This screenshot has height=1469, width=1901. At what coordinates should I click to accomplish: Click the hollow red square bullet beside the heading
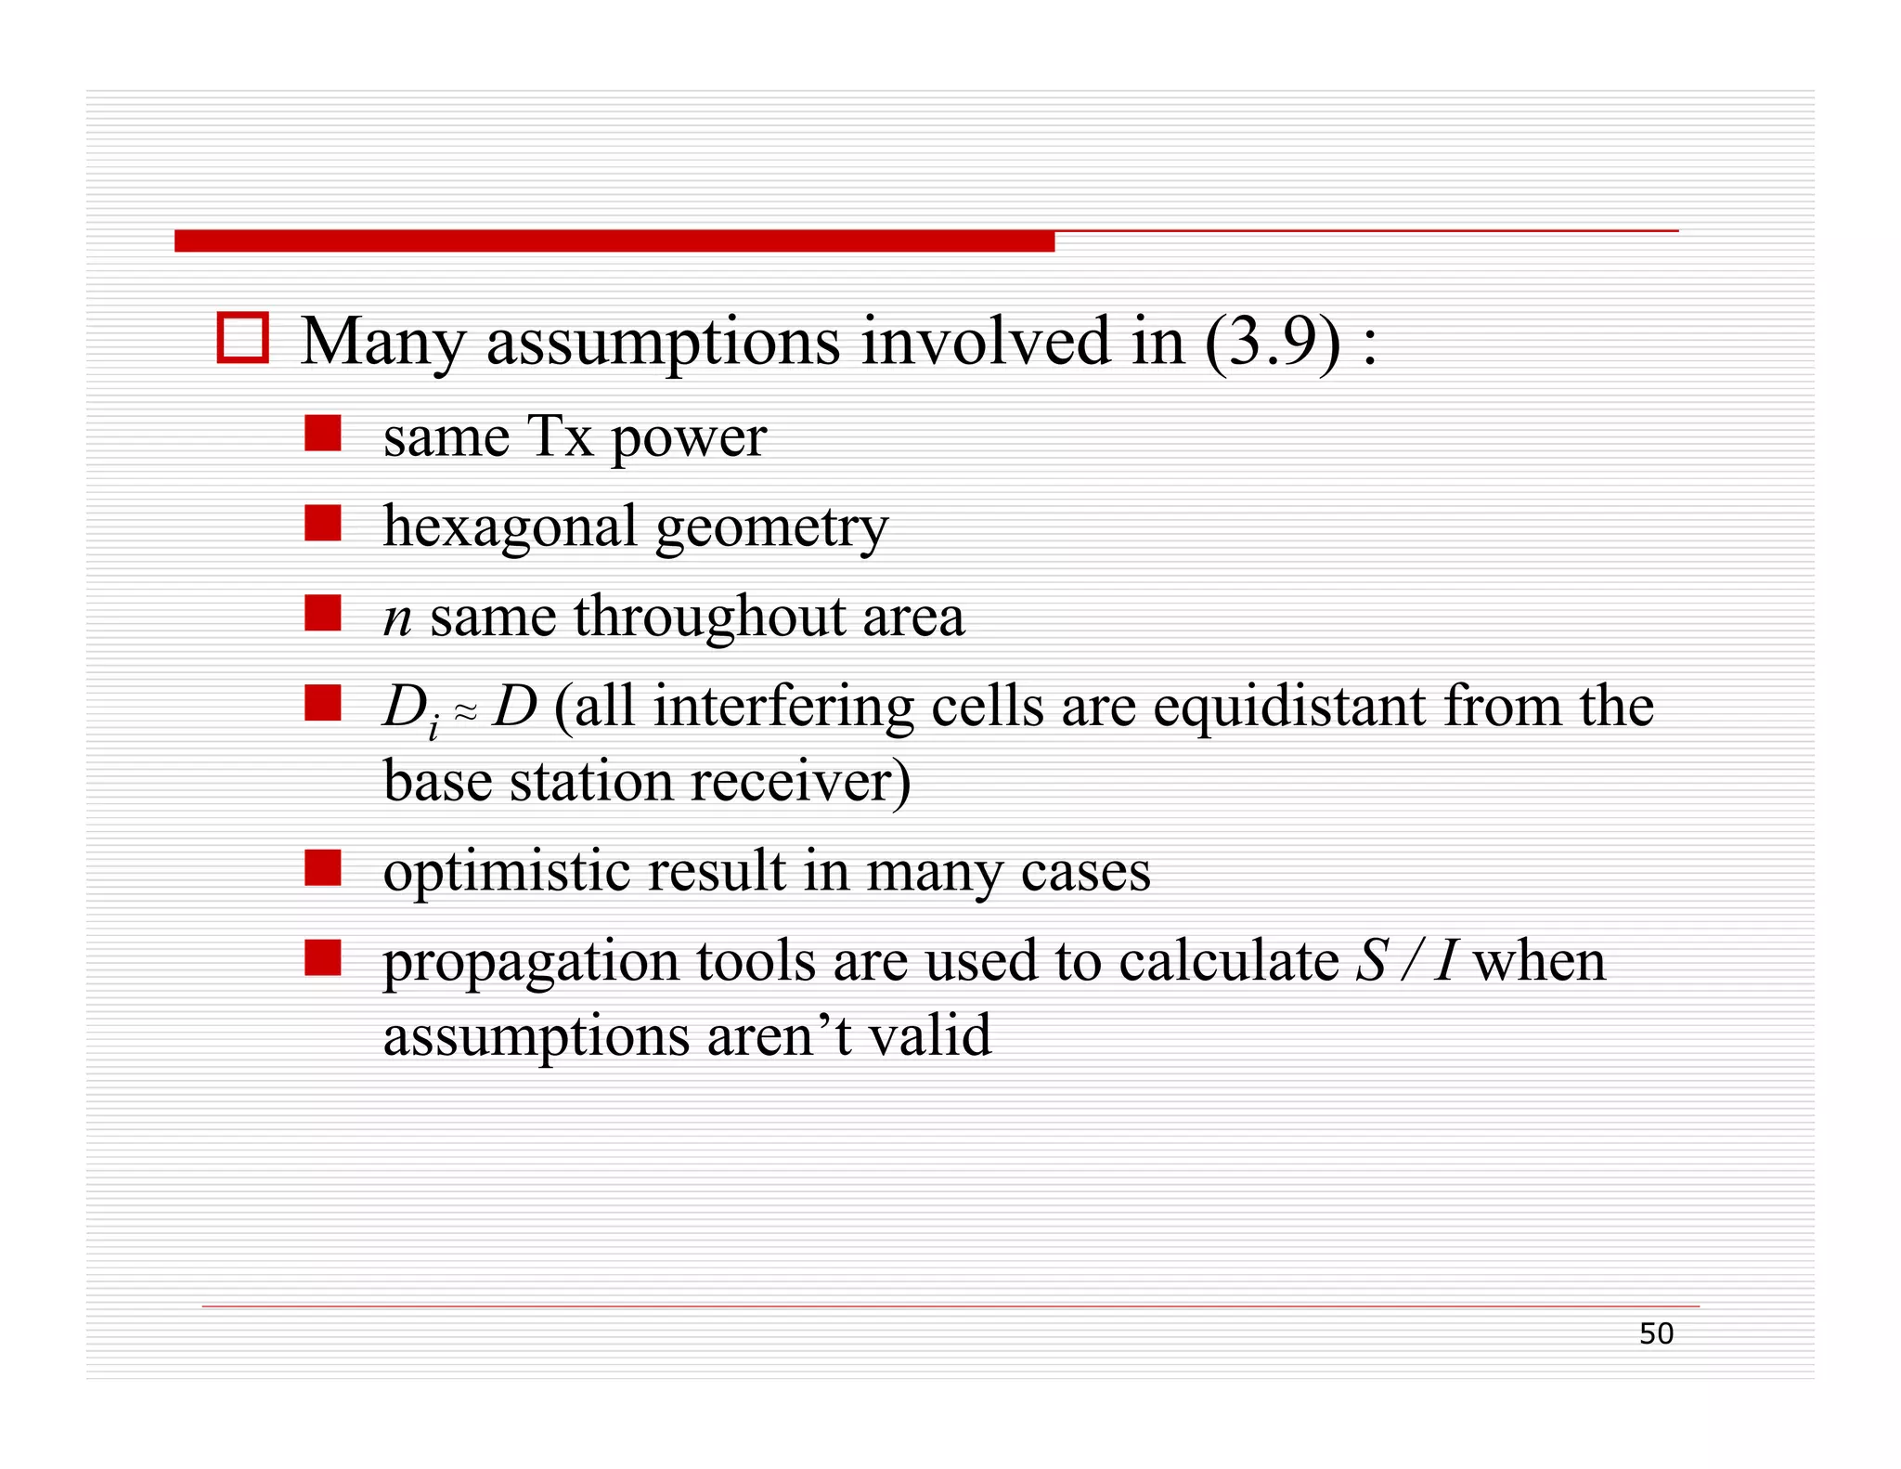tap(242, 338)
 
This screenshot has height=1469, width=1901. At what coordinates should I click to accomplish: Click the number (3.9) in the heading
tap(1273, 342)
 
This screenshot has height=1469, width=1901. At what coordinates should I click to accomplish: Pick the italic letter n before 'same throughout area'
tap(397, 617)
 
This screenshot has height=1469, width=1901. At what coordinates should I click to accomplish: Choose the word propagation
tap(531, 962)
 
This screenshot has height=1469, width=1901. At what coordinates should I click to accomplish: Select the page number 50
tap(1656, 1333)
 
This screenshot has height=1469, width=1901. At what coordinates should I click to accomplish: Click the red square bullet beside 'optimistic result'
tap(323, 868)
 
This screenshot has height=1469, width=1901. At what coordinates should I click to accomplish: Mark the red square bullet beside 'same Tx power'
tap(323, 434)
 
